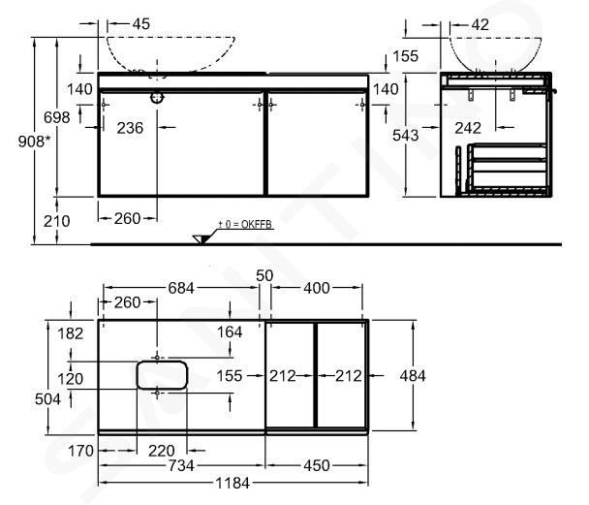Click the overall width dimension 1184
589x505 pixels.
point(232,483)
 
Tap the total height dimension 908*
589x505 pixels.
point(34,142)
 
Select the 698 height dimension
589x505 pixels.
point(57,117)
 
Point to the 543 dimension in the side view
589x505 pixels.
point(405,136)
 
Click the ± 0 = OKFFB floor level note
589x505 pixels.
point(245,225)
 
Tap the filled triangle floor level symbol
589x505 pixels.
point(201,239)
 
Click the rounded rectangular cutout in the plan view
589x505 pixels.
point(162,375)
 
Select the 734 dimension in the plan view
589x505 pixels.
point(181,466)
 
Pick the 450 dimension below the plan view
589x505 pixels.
point(316,466)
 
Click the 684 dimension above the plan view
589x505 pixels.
point(181,288)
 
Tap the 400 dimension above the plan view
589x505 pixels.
point(316,288)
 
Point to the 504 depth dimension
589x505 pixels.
point(47,399)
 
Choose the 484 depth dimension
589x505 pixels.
point(413,376)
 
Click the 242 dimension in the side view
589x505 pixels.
point(468,129)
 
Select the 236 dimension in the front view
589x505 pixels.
point(130,128)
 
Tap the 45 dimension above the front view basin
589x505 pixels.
point(141,24)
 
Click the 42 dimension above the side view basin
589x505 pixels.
point(480,25)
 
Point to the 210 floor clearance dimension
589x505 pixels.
point(57,221)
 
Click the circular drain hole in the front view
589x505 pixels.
point(157,98)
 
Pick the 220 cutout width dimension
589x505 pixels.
point(162,451)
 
